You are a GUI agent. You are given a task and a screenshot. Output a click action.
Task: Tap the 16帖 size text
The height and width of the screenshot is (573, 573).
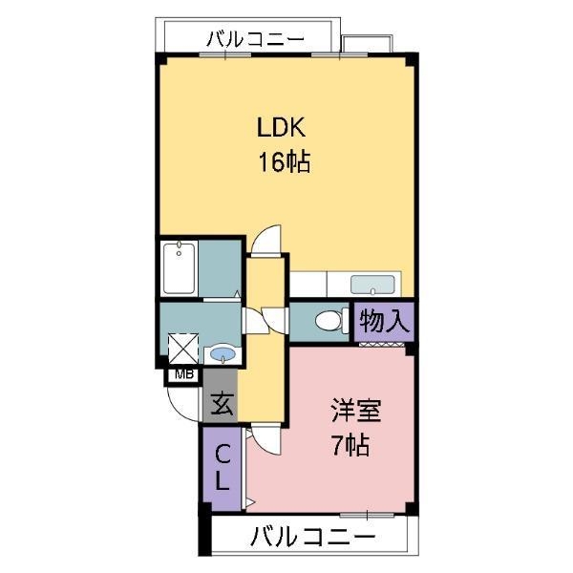[x=282, y=162]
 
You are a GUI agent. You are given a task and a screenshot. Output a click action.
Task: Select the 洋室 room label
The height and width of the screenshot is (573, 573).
[x=356, y=412]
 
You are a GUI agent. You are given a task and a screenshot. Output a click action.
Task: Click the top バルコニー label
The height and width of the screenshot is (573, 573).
[x=255, y=39]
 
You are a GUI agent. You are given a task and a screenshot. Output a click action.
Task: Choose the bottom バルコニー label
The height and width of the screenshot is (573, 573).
[x=312, y=537]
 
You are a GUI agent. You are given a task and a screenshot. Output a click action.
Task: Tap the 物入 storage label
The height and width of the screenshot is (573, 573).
[x=386, y=321]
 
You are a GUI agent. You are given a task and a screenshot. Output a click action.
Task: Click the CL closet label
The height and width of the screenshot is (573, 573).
[x=222, y=467]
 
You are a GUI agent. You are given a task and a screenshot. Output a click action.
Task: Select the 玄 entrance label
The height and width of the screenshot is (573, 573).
[x=221, y=404]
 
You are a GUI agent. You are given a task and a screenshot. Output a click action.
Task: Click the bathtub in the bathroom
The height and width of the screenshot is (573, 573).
[x=180, y=268]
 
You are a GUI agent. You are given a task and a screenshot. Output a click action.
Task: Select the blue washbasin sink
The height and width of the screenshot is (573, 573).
[x=223, y=354]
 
